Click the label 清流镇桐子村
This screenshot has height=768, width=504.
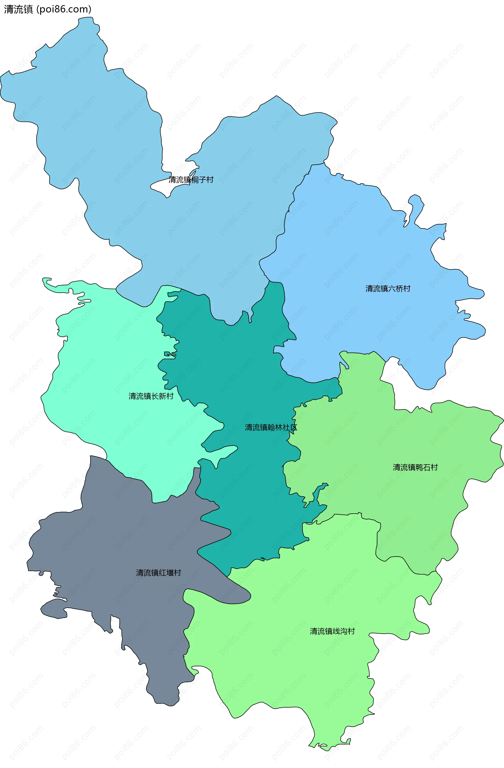tap(191, 180)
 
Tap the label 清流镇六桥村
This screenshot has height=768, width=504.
tap(388, 288)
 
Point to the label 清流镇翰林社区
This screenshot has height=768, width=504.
tap(271, 428)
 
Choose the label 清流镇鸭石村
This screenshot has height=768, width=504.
tap(415, 467)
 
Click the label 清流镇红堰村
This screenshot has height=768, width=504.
tap(159, 573)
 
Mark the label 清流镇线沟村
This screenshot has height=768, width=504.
tap(332, 631)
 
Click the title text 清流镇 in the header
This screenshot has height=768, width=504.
tap(18, 9)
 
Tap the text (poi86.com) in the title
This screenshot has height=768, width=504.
tap(64, 9)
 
